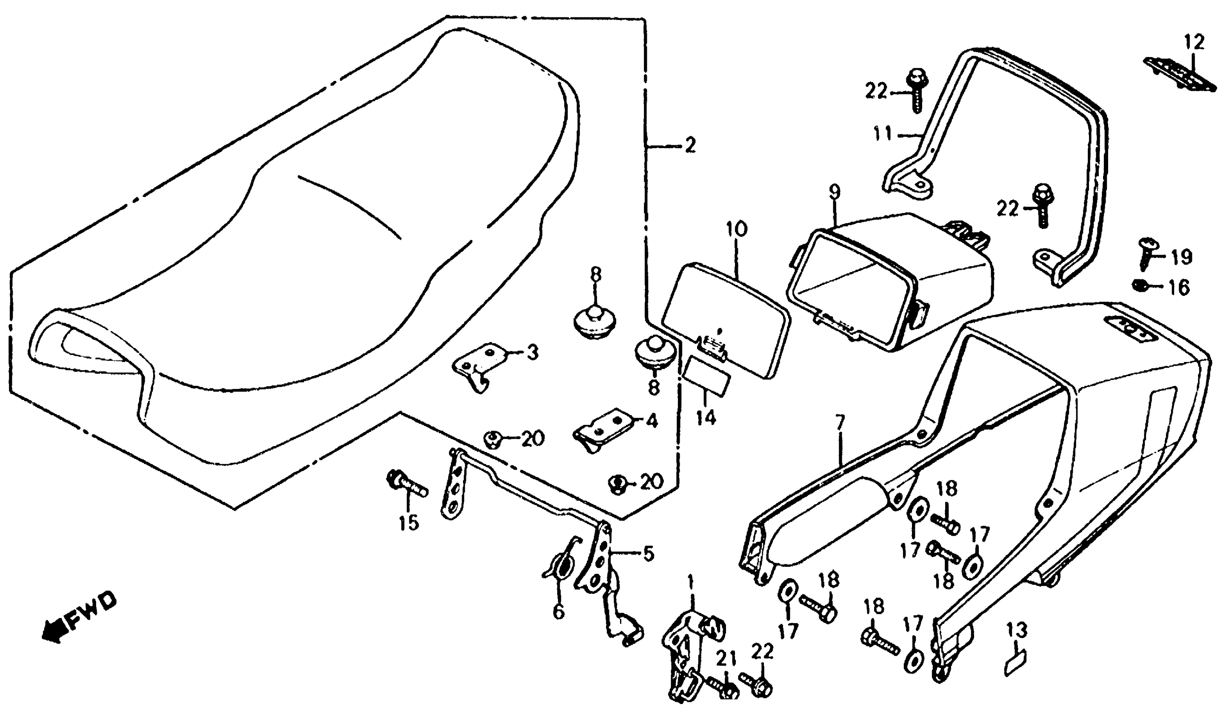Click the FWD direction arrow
(53, 631)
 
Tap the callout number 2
(689, 145)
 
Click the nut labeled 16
(1141, 284)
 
